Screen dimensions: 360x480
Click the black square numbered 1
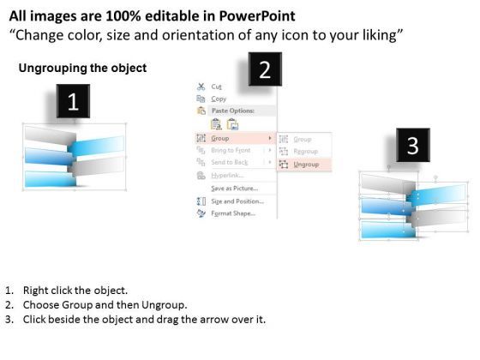pyautogui.click(x=73, y=102)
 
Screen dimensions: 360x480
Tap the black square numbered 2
pyautogui.click(x=264, y=69)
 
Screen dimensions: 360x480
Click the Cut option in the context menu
pyautogui.click(x=217, y=87)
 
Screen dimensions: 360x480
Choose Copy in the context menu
pyautogui.click(x=219, y=99)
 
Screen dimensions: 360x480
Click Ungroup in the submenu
pyautogui.click(x=305, y=163)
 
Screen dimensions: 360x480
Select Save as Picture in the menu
pyautogui.click(x=234, y=188)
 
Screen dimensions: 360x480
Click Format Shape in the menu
pyautogui.click(x=231, y=213)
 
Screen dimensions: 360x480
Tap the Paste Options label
pyautogui.click(x=231, y=111)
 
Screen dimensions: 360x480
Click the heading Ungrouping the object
pyautogui.click(x=82, y=68)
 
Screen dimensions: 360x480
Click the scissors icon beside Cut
pyautogui.click(x=201, y=87)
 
